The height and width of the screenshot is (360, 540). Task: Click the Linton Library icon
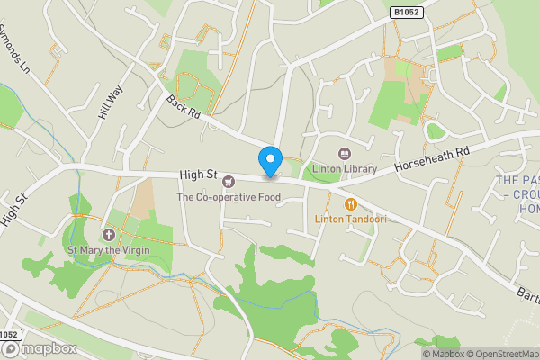point(343,154)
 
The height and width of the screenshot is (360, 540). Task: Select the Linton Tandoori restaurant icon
point(351,204)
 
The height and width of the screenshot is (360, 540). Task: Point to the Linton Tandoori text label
point(350,219)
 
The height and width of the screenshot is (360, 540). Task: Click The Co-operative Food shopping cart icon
point(228,182)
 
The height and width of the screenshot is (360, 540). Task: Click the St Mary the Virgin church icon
point(110,234)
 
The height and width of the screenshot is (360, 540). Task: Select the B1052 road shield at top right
point(407,13)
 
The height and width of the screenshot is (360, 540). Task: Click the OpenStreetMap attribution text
point(498,353)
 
